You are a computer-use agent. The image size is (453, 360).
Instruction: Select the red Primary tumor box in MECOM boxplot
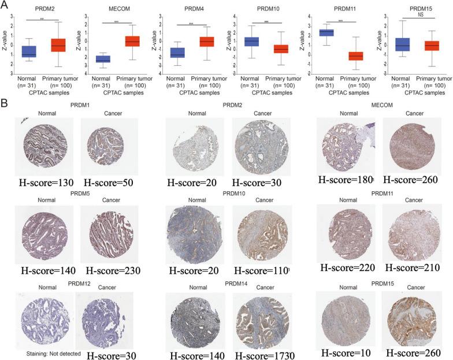point(132,41)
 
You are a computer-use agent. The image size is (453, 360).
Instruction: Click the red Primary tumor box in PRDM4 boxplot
point(207,42)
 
